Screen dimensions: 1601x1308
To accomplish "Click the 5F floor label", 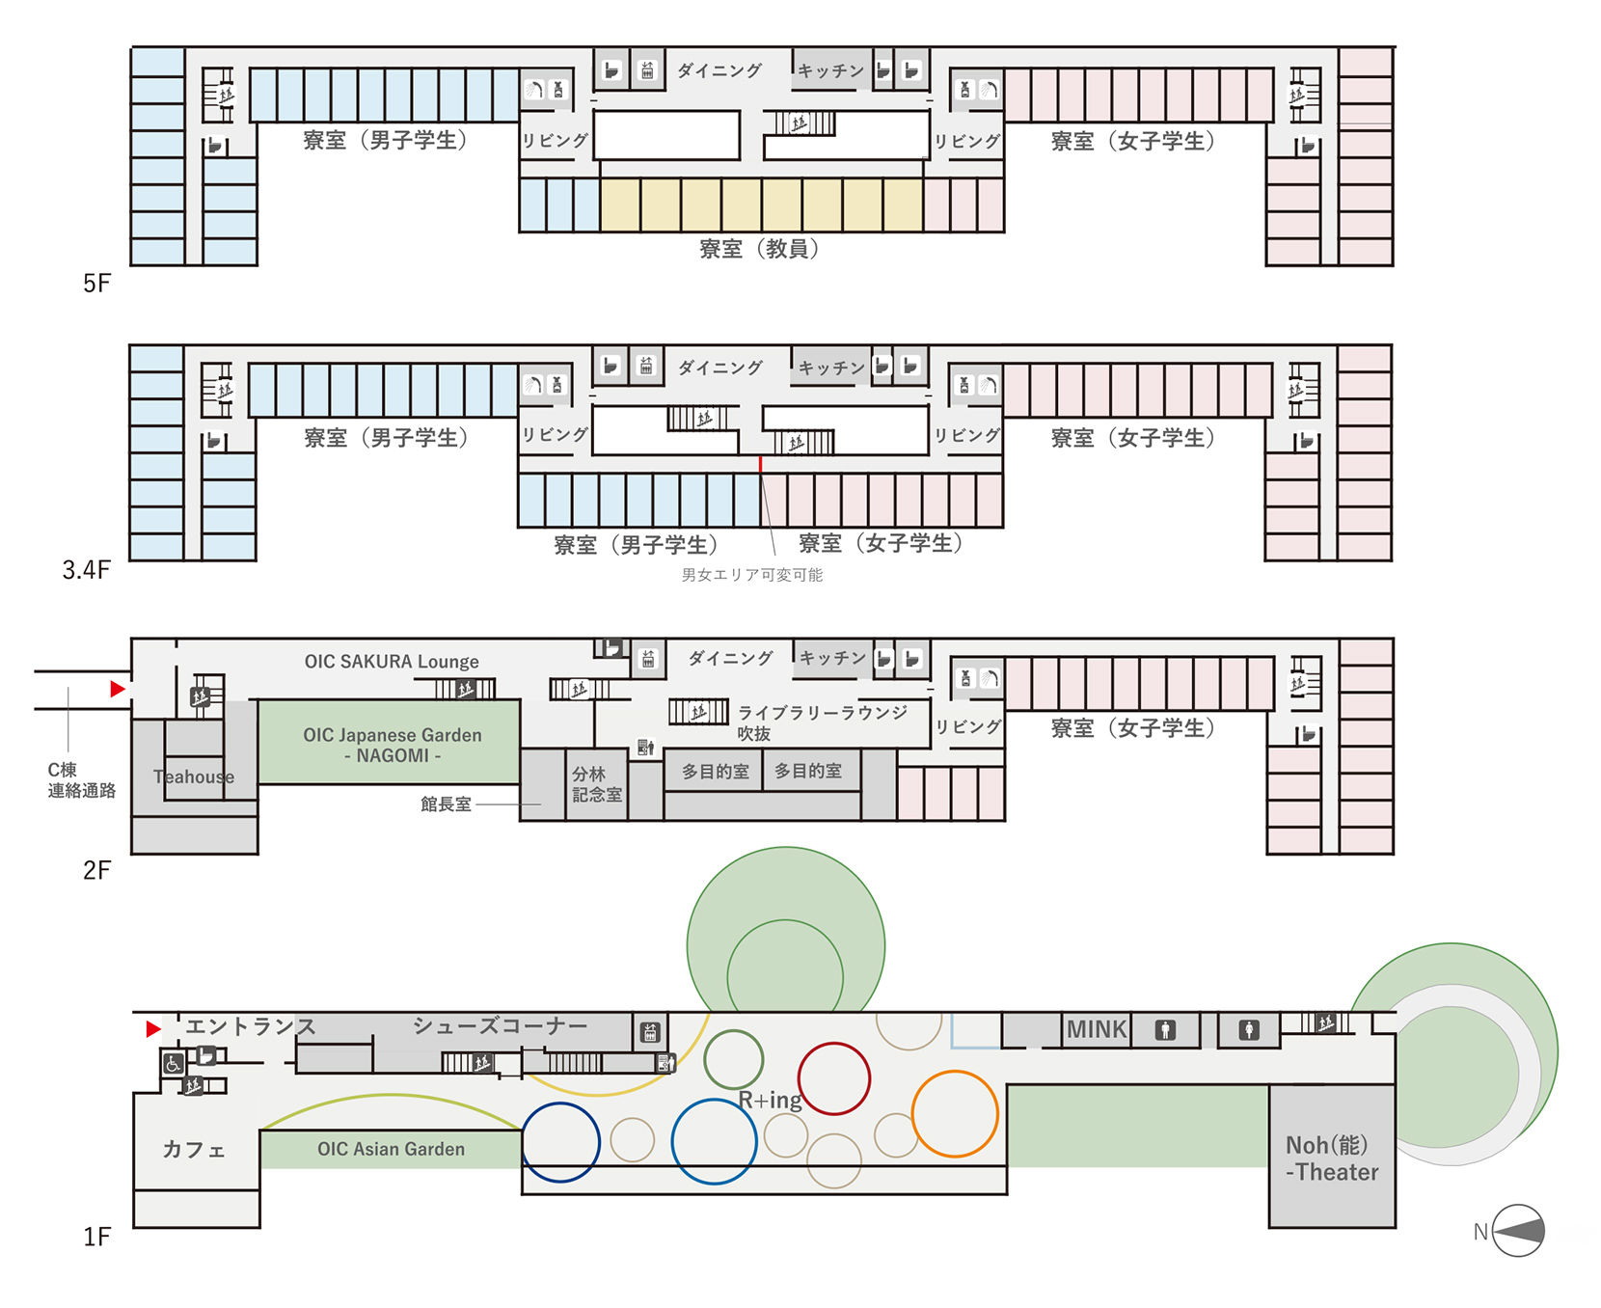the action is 96,283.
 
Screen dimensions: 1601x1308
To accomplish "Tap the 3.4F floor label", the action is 87,570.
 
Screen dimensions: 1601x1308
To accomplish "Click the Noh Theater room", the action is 1332,1157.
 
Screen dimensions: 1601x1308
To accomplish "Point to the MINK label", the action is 1097,1029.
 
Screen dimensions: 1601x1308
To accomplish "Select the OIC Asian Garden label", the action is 391,1149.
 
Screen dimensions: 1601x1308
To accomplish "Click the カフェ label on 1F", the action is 194,1149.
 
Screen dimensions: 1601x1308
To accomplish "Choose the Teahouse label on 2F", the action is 194,777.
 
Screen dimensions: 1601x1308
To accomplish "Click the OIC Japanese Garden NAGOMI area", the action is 390,742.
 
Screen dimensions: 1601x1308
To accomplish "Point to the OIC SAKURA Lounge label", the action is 392,662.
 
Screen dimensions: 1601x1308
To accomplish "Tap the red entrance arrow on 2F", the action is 118,689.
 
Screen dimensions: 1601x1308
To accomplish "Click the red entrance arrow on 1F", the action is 152,1029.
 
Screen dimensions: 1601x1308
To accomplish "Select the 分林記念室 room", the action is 597,784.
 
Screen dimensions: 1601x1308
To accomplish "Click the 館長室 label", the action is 446,804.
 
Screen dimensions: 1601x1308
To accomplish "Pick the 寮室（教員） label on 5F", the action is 759,249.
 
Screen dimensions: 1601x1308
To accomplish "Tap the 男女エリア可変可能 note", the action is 752,575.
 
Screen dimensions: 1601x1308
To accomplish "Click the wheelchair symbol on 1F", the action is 173,1064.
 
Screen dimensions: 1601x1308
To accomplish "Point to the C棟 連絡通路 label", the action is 81,780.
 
